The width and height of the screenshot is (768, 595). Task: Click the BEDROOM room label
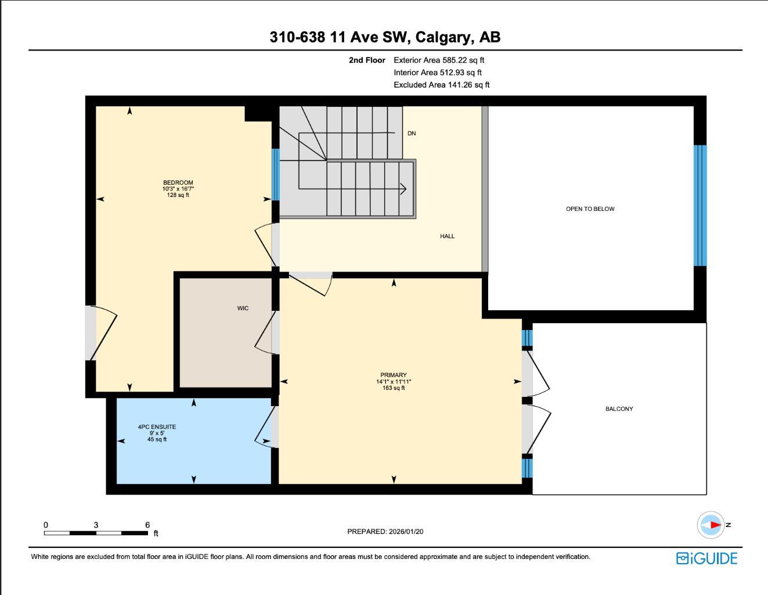[178, 182]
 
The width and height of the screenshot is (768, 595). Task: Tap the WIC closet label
[243, 308]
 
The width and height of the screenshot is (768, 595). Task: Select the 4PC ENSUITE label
[157, 427]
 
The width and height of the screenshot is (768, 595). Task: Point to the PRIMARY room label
[394, 375]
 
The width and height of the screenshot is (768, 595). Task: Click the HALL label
[447, 236]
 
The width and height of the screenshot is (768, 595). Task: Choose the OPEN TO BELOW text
[590, 209]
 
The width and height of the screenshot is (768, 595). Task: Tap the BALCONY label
[619, 408]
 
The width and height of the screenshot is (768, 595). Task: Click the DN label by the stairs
[412, 134]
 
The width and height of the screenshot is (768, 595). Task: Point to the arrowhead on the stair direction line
[403, 189]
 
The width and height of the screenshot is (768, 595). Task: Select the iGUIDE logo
[706, 558]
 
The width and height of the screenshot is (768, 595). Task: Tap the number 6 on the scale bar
[147, 525]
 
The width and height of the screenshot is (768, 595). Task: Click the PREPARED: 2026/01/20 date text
[389, 531]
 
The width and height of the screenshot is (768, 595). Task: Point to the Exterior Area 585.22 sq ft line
[439, 60]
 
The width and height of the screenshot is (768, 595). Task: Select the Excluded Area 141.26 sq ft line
[441, 85]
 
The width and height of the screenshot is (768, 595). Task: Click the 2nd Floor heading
[367, 60]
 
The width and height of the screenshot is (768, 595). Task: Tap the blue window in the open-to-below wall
[700, 205]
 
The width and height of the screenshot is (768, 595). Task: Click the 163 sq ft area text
[394, 388]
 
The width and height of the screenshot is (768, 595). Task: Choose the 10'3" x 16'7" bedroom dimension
[178, 189]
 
